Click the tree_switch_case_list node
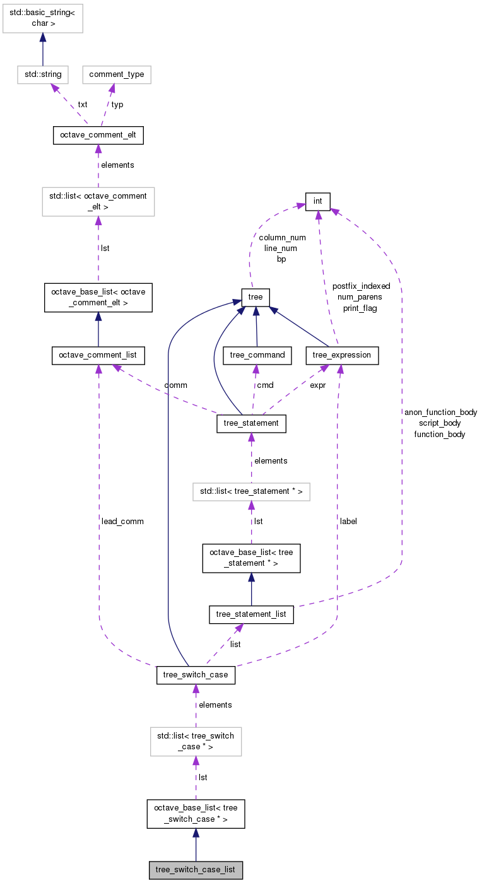tap(196, 870)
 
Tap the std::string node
tap(43, 74)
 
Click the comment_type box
tap(117, 74)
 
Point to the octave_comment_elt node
tap(98, 135)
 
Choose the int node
tap(318, 201)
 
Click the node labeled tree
tap(256, 296)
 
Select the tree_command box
tap(257, 355)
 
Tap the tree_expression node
tap(343, 355)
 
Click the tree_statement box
tap(251, 423)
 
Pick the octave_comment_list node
tap(98, 355)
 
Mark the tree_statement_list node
tap(251, 614)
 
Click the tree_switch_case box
tap(196, 675)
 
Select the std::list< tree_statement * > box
tap(251, 491)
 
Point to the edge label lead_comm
tap(122, 522)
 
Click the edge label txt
tap(83, 104)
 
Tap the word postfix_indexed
tap(361, 286)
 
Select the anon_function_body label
tap(440, 412)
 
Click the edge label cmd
tap(264, 385)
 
